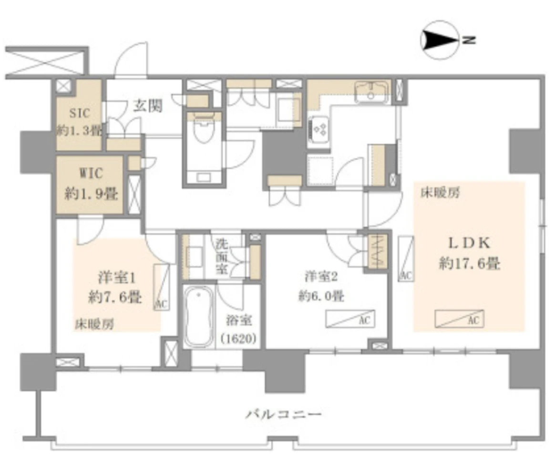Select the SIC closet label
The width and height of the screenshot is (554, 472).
[80, 113]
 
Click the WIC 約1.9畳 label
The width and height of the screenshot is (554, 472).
[91, 184]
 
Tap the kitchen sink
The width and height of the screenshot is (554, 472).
[371, 92]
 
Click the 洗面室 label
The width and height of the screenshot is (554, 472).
[222, 256]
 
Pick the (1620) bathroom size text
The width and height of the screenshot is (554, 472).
[238, 339]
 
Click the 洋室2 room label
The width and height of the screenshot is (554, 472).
[321, 277]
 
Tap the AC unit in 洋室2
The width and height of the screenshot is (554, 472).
[350, 319]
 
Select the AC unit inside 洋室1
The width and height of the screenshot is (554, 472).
[162, 287]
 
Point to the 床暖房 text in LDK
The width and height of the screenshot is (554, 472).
[440, 193]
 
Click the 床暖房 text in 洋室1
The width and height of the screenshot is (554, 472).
[94, 324]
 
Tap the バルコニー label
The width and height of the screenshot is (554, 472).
[284, 414]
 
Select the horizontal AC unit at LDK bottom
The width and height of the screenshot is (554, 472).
[459, 319]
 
